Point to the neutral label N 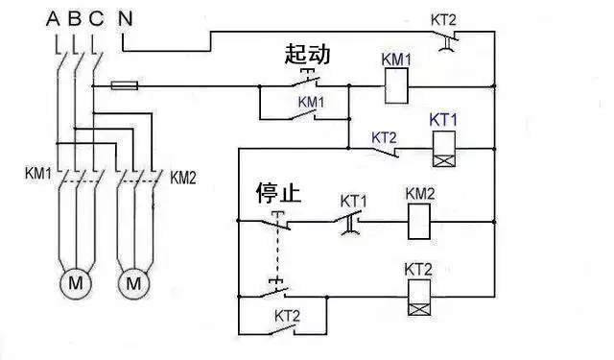click(x=126, y=17)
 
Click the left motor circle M click(x=74, y=283)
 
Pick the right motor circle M click(x=134, y=283)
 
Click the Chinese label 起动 click(x=307, y=55)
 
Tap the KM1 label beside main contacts click(x=39, y=175)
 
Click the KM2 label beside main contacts click(x=182, y=177)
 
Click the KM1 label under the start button click(x=311, y=101)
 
